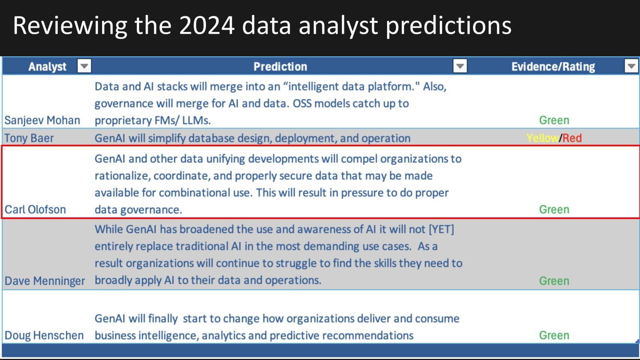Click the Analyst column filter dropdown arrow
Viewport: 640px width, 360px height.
coord(84,66)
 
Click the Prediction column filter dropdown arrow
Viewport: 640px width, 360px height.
coord(460,66)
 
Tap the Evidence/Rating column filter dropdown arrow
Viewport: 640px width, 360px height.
coord(631,66)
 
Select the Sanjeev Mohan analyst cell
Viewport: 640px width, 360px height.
coord(42,120)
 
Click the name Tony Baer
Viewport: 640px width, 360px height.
coord(29,138)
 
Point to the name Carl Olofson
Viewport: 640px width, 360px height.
coord(35,209)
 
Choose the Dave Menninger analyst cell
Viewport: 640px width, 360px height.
coord(45,281)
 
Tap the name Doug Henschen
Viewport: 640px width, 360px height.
coord(44,335)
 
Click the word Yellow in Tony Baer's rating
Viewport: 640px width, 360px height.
coord(542,138)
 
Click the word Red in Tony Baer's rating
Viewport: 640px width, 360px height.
coord(572,138)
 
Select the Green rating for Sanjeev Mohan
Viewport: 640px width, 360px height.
coord(554,120)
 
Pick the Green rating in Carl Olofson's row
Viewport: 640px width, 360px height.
coord(554,209)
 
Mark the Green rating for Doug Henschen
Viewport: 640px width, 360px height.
coord(554,335)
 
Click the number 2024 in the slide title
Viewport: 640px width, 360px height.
coord(207,26)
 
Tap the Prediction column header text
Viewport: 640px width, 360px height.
coord(280,67)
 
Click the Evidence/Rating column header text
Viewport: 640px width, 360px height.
coord(553,67)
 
